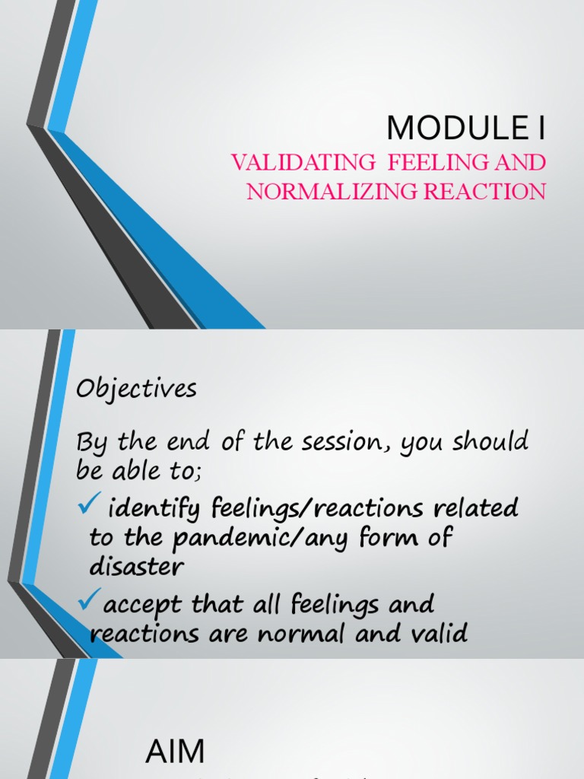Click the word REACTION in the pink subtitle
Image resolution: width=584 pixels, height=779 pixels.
click(x=484, y=191)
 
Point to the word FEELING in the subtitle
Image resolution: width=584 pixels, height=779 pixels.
click(x=417, y=162)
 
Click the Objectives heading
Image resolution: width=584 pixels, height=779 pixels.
click(x=136, y=389)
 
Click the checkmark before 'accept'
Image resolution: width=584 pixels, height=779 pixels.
click(x=88, y=603)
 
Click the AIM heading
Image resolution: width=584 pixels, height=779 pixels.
click(x=175, y=752)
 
